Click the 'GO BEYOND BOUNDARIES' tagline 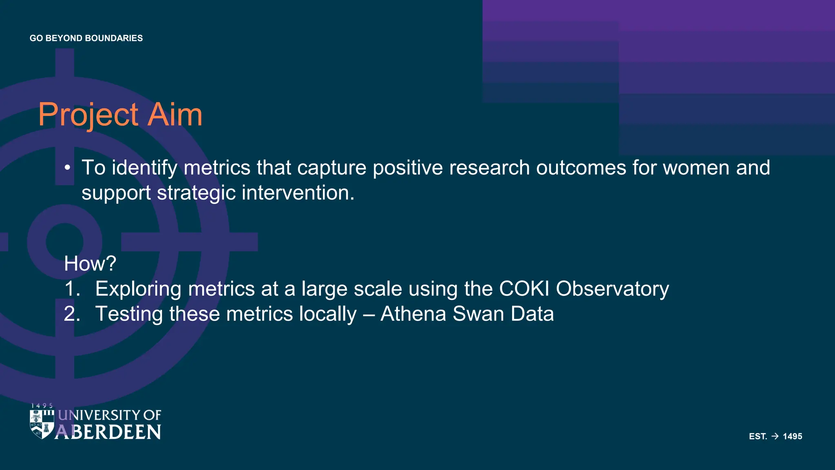point(86,38)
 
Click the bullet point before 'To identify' point(68,168)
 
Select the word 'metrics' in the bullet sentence point(217,168)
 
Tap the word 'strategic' point(196,193)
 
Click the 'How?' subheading point(90,264)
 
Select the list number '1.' point(72,289)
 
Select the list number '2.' point(72,314)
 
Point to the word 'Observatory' point(612,289)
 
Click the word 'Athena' point(413,314)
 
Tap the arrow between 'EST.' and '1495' point(775,436)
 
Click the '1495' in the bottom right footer point(792,436)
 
